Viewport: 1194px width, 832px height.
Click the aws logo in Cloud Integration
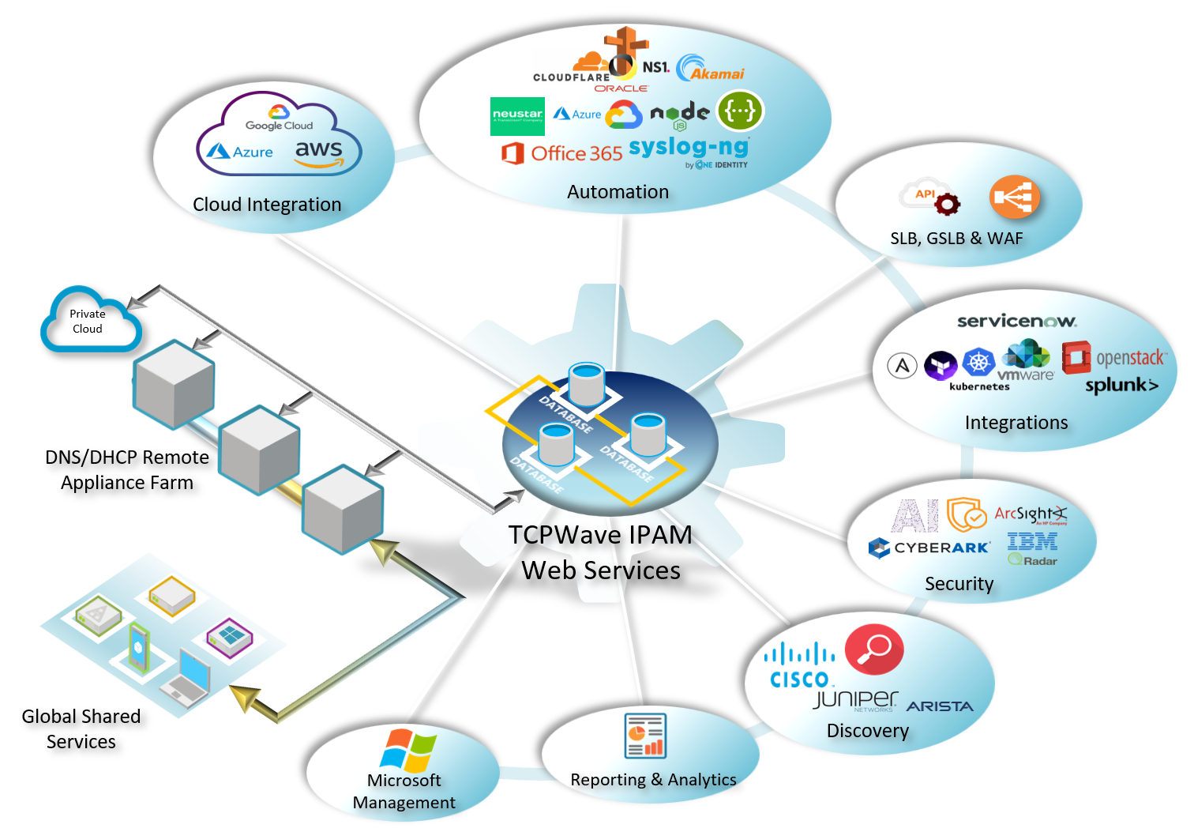click(x=320, y=152)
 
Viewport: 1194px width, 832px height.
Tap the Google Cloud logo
click(x=279, y=119)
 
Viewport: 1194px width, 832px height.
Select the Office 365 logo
click(x=561, y=153)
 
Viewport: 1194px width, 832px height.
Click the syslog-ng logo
click(x=689, y=149)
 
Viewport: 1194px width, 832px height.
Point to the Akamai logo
click(x=711, y=70)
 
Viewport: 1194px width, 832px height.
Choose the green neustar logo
click(x=517, y=116)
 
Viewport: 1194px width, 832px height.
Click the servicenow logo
click(x=1016, y=321)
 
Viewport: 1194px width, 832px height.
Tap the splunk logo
click(x=1121, y=386)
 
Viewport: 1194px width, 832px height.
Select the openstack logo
click(x=1113, y=357)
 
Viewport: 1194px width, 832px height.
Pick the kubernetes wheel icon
click(x=978, y=363)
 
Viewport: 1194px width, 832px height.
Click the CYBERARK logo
click(x=929, y=548)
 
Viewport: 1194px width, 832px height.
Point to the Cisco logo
click(x=799, y=666)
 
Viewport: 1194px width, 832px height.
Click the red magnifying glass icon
click(x=874, y=649)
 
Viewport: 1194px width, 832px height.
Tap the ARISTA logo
click(x=940, y=706)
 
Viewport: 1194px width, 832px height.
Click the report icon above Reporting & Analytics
click(x=645, y=736)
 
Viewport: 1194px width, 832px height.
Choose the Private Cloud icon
click(x=89, y=321)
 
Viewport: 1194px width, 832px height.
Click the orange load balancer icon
click(x=1014, y=198)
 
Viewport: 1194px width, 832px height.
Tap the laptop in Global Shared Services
click(x=188, y=678)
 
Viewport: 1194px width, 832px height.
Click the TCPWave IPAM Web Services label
click(x=600, y=552)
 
